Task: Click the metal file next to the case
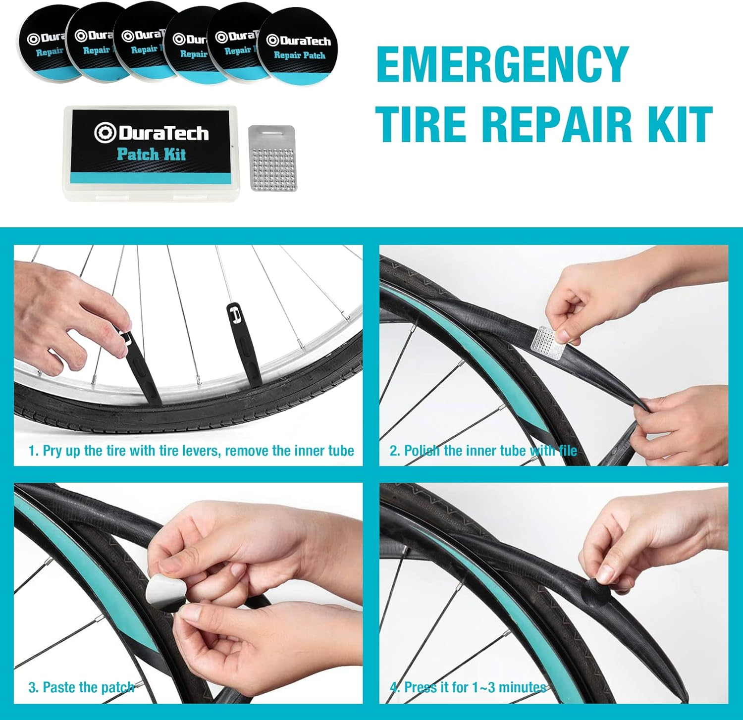[x=272, y=158]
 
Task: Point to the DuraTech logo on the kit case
[x=152, y=133]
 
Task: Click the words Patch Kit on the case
[x=151, y=154]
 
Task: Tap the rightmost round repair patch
[x=299, y=46]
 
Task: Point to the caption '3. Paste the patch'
[x=81, y=687]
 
